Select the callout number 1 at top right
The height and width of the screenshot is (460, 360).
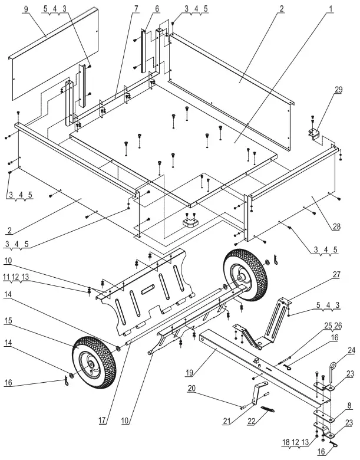tap(331, 9)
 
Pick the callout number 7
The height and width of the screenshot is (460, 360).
tap(136, 9)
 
